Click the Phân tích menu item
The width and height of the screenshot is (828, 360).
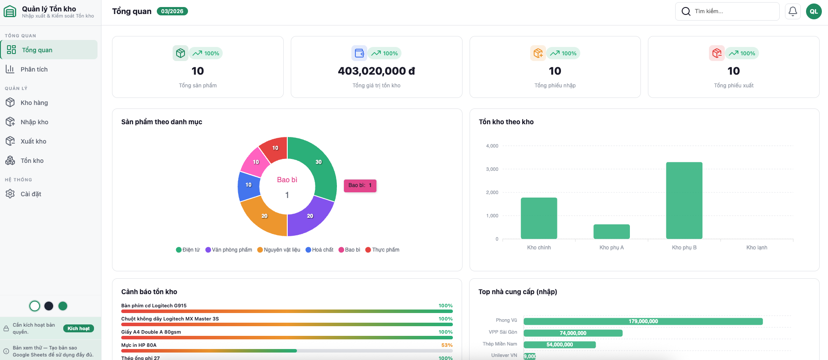point(34,69)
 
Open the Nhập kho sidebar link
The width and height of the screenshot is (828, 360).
point(34,122)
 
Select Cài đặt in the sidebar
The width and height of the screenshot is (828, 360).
point(31,194)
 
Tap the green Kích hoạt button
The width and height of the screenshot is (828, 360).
point(78,328)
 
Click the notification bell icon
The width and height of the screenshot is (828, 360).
point(792,11)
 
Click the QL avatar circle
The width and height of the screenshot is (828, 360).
point(814,11)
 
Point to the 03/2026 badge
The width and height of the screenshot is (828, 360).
point(172,11)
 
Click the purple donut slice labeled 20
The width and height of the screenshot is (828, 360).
point(310,216)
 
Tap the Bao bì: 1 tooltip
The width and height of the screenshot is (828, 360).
point(360,186)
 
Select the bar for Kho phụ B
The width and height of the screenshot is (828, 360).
point(684,201)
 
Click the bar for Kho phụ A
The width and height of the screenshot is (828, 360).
point(611,232)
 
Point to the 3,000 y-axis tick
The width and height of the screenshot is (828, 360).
point(492,169)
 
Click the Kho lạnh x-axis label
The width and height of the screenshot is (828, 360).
point(756,248)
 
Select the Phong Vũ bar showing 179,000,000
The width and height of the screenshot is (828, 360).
point(643,321)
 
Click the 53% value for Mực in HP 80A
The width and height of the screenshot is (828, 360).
point(447,345)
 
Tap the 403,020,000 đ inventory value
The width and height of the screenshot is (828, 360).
point(376,71)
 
